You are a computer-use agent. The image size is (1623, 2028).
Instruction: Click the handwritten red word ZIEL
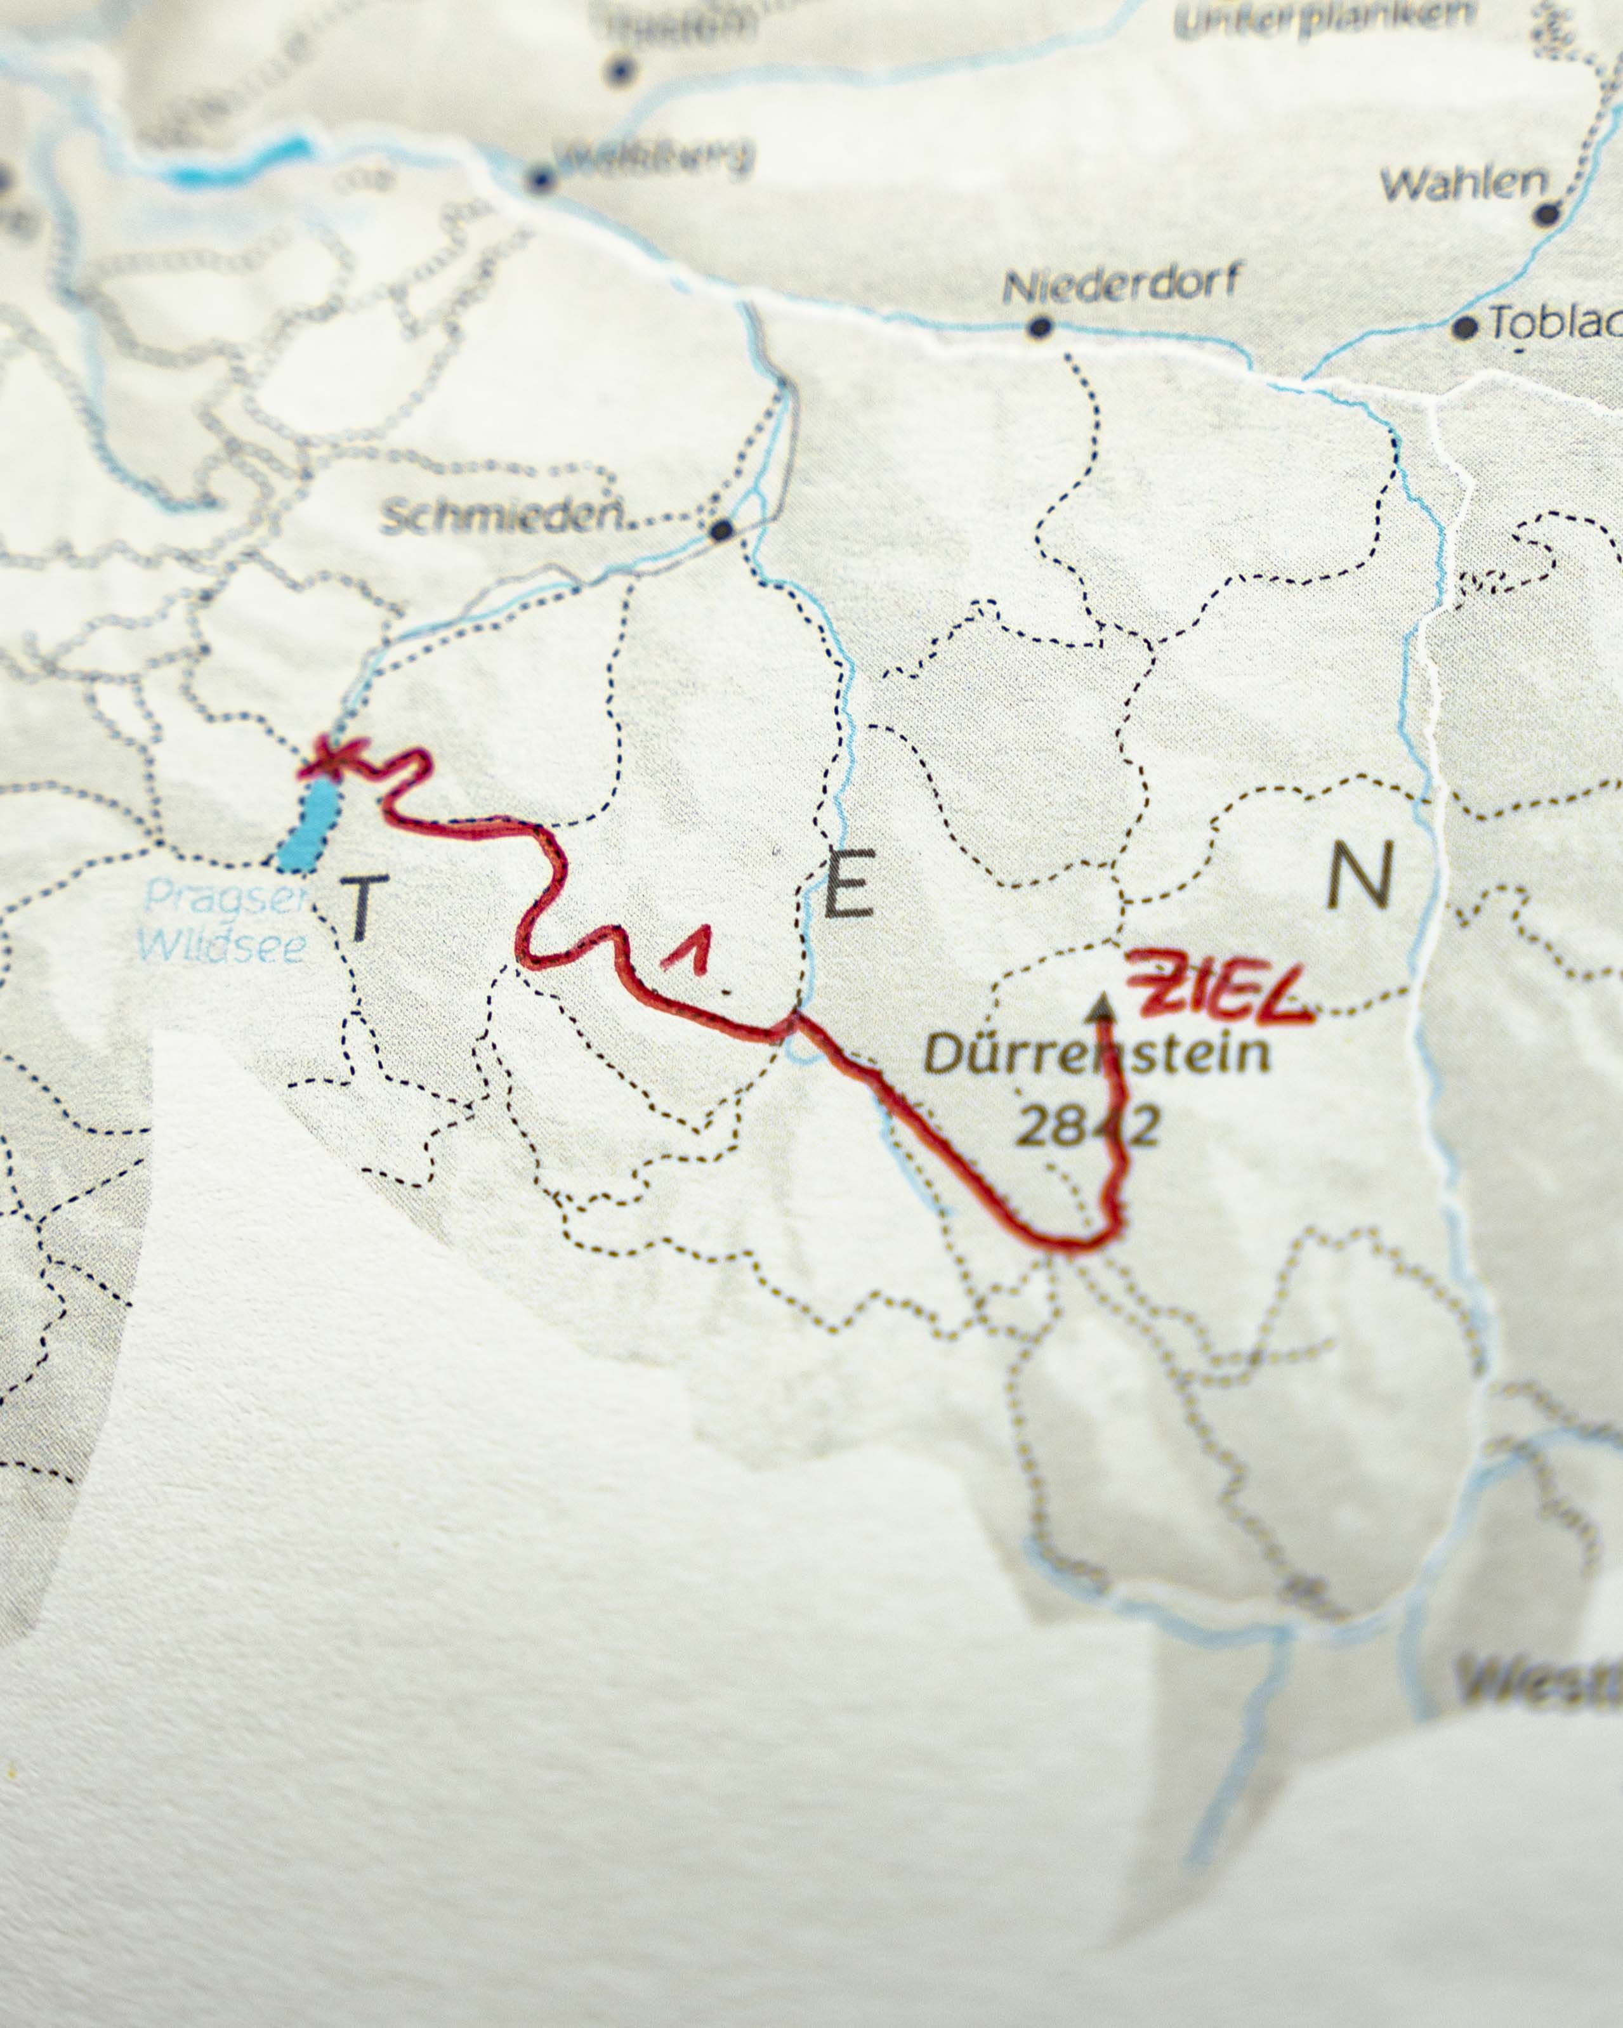(1221, 990)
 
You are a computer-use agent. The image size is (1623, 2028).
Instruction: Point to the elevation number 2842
(1087, 1125)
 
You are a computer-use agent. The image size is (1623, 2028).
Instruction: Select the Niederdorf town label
(1120, 283)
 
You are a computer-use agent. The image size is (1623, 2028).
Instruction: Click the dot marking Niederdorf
(1040, 327)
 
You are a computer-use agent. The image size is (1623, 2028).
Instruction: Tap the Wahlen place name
(1463, 185)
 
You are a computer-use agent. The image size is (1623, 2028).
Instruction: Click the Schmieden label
(503, 516)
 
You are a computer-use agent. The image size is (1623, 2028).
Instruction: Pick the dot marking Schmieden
(721, 530)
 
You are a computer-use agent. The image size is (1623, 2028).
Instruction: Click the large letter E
(849, 882)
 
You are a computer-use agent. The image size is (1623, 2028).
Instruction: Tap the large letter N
(1358, 875)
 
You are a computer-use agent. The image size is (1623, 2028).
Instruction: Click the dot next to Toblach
(1464, 327)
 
